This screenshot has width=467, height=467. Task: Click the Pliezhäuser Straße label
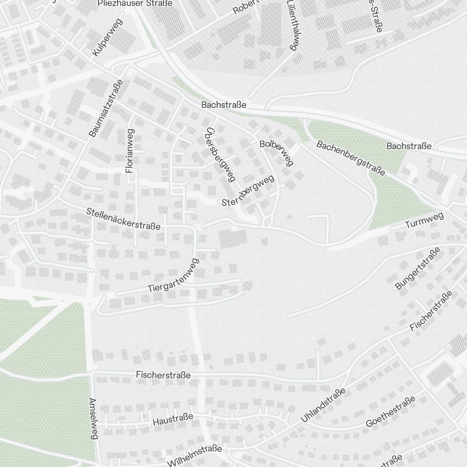point(135,3)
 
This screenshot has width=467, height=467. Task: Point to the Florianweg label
point(130,151)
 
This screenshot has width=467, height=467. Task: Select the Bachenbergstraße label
point(351,158)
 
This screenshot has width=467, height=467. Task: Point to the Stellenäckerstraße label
point(123,219)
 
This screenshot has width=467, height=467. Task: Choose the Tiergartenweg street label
point(173,276)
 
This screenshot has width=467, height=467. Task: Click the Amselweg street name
point(94,419)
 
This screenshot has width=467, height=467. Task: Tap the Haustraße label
point(173,419)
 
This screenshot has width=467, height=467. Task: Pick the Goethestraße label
point(390,412)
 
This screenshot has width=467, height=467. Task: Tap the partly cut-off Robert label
point(246,6)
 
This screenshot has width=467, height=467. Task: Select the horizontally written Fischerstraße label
point(163,375)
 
